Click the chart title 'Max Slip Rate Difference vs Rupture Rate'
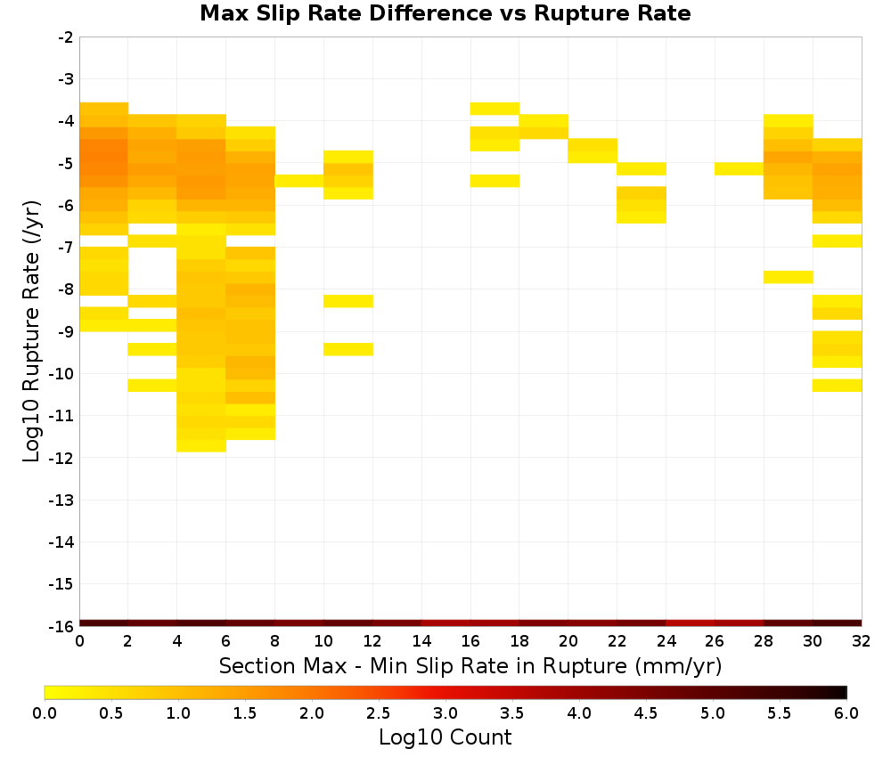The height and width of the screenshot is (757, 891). tap(445, 13)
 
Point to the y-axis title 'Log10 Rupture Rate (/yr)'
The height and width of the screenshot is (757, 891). tap(31, 331)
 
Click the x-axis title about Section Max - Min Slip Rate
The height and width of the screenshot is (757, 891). tap(470, 665)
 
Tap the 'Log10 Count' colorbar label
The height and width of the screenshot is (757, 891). tap(445, 737)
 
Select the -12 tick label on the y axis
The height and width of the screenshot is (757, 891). tap(61, 458)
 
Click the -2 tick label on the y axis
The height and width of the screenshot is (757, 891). tap(66, 37)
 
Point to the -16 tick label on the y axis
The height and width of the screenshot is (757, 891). tap(61, 626)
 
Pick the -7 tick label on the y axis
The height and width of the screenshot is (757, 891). tap(66, 248)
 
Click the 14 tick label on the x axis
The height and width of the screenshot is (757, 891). tap(421, 641)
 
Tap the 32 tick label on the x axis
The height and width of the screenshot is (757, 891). tap(861, 641)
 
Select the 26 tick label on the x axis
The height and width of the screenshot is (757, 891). tap(715, 641)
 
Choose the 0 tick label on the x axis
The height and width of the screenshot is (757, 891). tap(79, 641)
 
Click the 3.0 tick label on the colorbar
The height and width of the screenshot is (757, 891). tap(445, 712)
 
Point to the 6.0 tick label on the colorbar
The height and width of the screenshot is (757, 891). tap(846, 712)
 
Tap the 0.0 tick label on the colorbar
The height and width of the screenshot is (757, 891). tap(45, 712)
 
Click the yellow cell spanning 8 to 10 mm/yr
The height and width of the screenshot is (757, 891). tap(299, 181)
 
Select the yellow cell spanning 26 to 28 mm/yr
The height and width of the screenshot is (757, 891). tap(740, 168)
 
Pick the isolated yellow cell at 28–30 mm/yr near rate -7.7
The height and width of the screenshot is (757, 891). tap(789, 277)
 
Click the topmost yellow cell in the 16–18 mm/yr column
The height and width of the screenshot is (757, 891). tap(495, 109)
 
